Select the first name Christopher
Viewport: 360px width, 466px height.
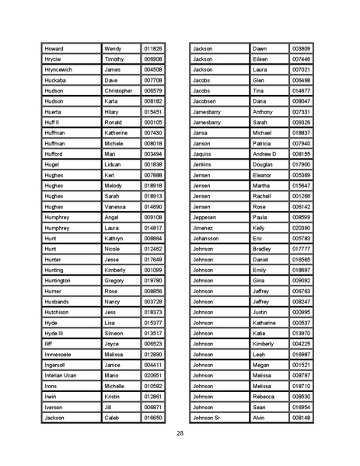point(119,90)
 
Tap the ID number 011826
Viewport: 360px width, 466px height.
point(153,48)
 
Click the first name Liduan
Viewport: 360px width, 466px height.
point(114,164)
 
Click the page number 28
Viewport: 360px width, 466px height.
point(180,433)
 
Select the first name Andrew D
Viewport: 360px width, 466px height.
point(264,154)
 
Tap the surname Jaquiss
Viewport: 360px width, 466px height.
point(201,154)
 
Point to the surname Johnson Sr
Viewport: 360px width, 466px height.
point(206,418)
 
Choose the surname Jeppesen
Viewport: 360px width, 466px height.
point(204,217)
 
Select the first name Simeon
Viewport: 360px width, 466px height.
point(114,333)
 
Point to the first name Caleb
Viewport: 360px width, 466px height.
point(113,418)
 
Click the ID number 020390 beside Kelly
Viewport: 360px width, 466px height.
point(301,228)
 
